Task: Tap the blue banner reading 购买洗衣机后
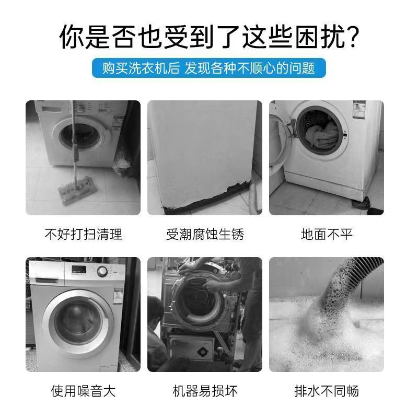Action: [x=209, y=68]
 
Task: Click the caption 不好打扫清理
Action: [x=83, y=234]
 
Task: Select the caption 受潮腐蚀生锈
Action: [x=205, y=234]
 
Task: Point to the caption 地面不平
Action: [x=327, y=234]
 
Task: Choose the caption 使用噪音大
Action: [x=83, y=390]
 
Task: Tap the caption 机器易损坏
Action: [x=205, y=390]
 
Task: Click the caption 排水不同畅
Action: [x=327, y=390]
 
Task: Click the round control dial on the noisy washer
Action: [x=102, y=271]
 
